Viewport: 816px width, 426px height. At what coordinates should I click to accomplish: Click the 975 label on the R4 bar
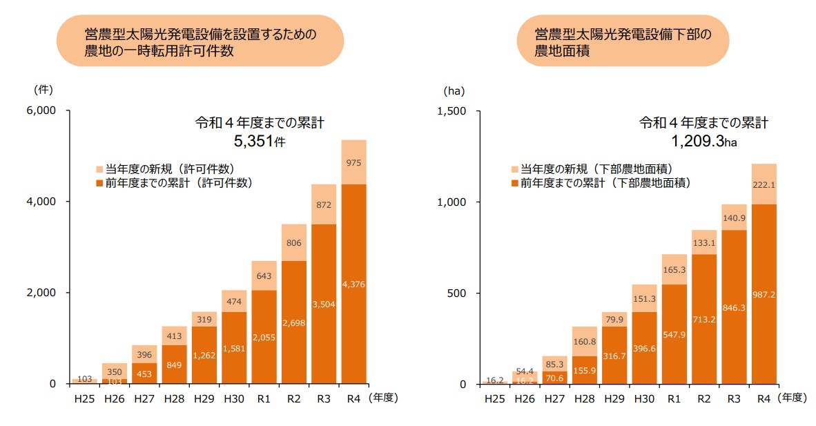353,163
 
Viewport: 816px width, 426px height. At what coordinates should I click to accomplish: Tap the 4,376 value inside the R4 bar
353,284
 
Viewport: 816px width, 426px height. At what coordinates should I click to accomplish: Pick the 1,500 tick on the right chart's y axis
452,111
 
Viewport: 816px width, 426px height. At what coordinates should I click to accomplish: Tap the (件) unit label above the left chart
43,89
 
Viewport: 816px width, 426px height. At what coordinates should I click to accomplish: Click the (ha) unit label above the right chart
454,90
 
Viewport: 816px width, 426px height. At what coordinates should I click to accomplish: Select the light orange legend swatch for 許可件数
99,169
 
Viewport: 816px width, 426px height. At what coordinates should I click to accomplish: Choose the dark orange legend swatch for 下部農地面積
514,183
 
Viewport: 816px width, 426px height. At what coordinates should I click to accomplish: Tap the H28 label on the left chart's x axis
174,398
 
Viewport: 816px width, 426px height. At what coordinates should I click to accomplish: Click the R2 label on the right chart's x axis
704,399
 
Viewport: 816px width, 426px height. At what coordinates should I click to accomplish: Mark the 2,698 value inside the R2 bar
294,322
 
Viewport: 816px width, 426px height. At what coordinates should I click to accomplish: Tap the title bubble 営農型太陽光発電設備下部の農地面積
623,41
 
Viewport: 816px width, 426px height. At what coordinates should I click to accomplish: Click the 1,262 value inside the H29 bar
204,356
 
